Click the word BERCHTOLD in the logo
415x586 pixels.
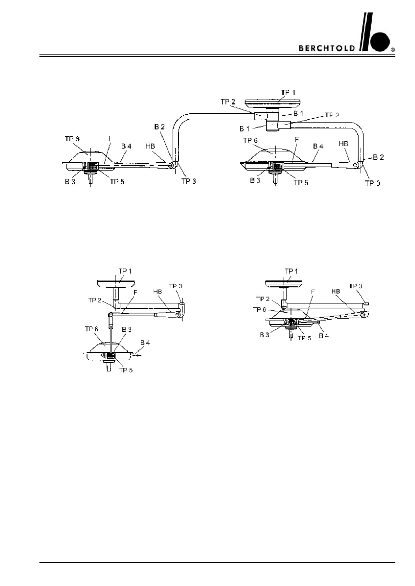(x=327, y=48)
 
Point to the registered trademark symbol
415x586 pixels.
(x=393, y=50)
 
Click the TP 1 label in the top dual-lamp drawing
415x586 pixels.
(x=288, y=92)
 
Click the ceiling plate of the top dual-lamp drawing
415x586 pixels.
(x=273, y=103)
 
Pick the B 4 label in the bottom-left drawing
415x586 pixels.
(x=145, y=343)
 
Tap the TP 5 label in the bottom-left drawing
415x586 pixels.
(x=126, y=370)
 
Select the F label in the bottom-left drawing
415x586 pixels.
(x=135, y=293)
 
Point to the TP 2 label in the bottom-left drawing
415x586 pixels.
(x=95, y=300)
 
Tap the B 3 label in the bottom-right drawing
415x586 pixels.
(x=264, y=335)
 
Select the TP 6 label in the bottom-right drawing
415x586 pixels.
(x=259, y=310)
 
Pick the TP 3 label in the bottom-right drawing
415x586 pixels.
(x=356, y=286)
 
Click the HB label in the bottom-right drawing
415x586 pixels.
(x=336, y=291)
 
